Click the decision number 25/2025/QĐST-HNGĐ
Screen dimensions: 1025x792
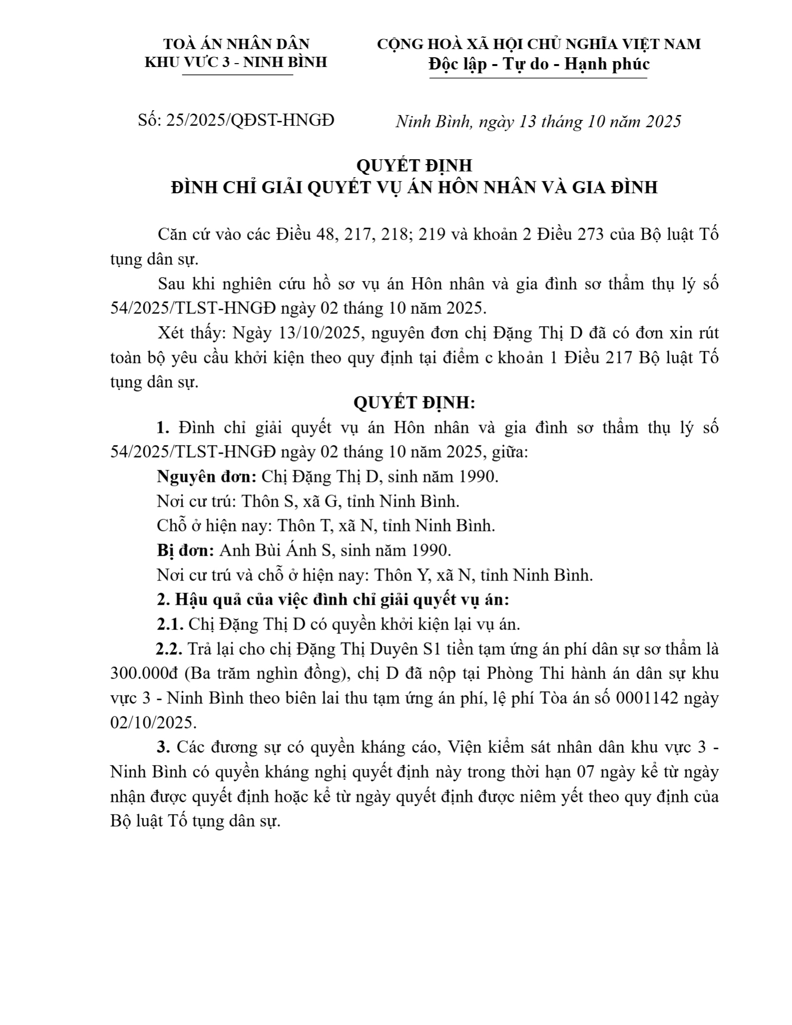coord(250,120)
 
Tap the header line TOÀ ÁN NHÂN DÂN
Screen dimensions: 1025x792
coord(236,44)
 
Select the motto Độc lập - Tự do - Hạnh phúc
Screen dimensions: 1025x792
coord(539,64)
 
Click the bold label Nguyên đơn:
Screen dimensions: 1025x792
coord(207,477)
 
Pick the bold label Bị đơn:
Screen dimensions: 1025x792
coord(185,550)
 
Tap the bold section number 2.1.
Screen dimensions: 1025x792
coord(170,624)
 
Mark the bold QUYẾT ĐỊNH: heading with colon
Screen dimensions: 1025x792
coord(414,403)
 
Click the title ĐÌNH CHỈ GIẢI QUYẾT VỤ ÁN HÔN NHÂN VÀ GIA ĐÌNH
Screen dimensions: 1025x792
coord(414,187)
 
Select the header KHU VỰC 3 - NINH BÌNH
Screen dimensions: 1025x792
coord(236,62)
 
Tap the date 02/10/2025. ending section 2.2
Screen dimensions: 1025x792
coord(153,723)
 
